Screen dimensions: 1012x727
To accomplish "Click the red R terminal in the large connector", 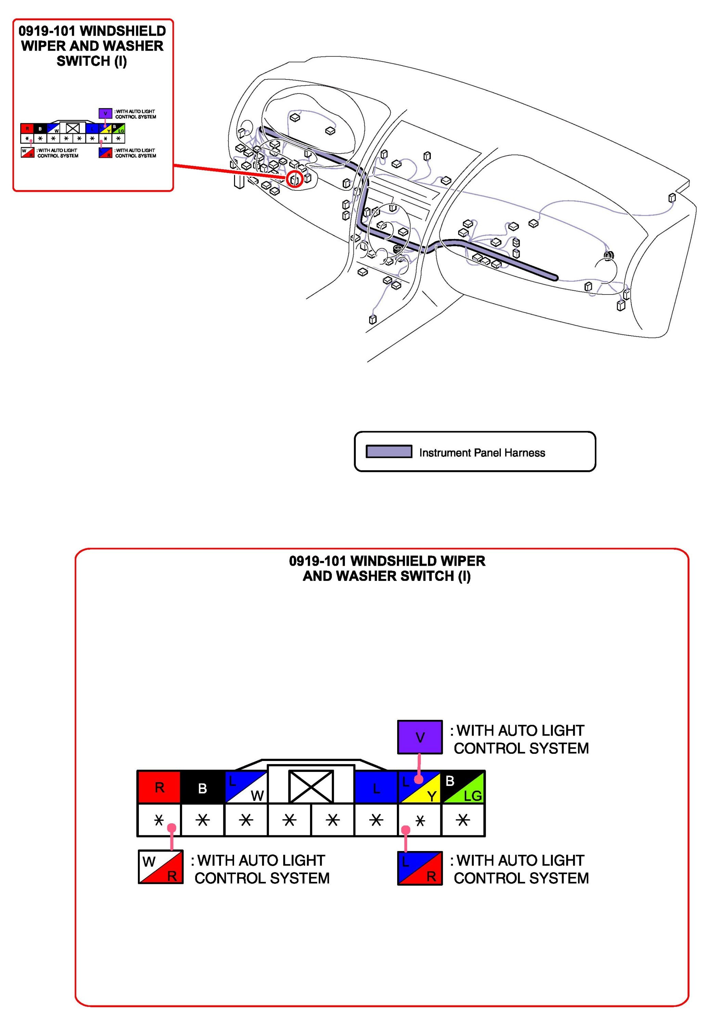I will pyautogui.click(x=159, y=787).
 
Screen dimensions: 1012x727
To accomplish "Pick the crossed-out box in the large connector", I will pyautogui.click(x=311, y=787).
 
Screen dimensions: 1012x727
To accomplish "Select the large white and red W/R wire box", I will pyautogui.click(x=160, y=867).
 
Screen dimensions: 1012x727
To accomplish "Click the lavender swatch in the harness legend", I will pyautogui.click(x=389, y=452).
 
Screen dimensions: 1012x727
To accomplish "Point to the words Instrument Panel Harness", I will pyautogui.click(x=482, y=452).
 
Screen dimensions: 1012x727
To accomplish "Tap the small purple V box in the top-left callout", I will pyautogui.click(x=105, y=113).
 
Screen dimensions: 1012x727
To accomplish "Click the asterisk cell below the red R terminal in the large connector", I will pyautogui.click(x=159, y=820).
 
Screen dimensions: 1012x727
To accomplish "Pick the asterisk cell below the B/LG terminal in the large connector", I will pyautogui.click(x=463, y=820).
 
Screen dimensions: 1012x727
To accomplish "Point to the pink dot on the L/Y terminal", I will pyautogui.click(x=418, y=779).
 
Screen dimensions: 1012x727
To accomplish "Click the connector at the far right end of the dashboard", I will pyautogui.click(x=671, y=198).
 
